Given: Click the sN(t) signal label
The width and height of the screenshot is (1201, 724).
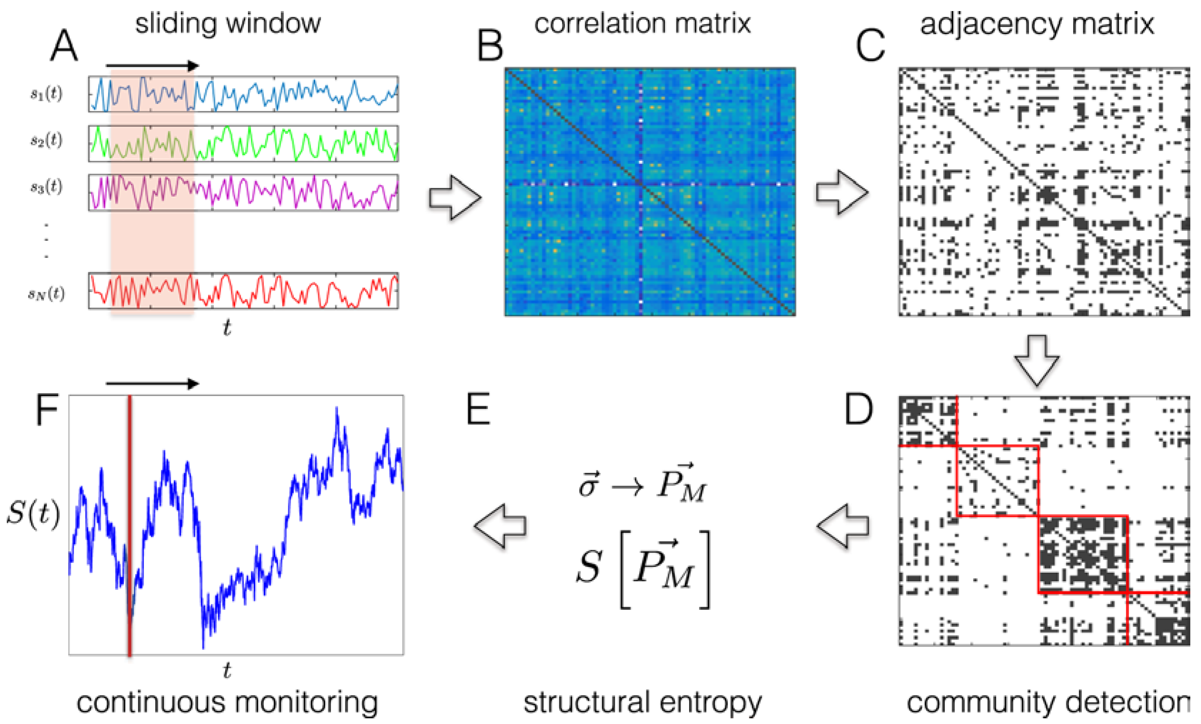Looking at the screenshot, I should [46, 294].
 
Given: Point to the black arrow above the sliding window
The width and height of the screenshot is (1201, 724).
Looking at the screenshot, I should [152, 65].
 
